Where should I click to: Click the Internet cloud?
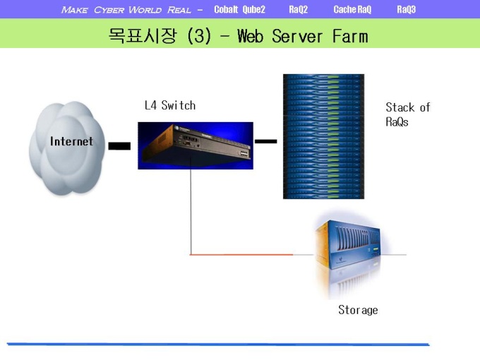[x=67, y=148]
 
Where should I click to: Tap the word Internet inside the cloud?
[x=71, y=141]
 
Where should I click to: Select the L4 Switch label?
[x=170, y=105]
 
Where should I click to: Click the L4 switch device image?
[x=196, y=145]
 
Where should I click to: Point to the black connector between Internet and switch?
[x=119, y=146]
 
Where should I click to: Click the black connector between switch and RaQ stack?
[x=265, y=141]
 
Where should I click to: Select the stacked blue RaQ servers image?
[x=323, y=136]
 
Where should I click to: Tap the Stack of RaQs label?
[x=408, y=114]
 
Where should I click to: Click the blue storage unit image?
[x=349, y=254]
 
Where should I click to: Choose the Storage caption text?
[x=358, y=310]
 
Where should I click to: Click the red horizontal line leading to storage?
[x=241, y=254]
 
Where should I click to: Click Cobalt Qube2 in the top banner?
[x=239, y=9]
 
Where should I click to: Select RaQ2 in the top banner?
[x=298, y=9]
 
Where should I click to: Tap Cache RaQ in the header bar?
[x=352, y=9]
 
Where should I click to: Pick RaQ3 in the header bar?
[x=406, y=9]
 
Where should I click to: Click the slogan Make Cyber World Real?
[x=126, y=10]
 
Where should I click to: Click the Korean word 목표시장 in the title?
[x=143, y=36]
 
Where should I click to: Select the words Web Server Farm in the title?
[x=302, y=37]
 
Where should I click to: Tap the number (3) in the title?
[x=199, y=36]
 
